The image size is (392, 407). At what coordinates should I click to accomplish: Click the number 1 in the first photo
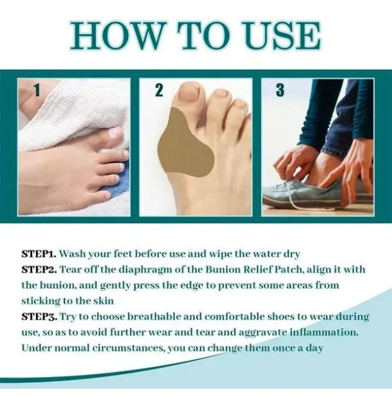[x=37, y=90]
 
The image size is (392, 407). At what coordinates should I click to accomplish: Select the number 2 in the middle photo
[x=159, y=90]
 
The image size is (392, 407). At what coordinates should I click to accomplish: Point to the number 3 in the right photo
[x=280, y=90]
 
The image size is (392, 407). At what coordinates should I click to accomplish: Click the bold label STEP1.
[x=39, y=253]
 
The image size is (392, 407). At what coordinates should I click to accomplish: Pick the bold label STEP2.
[x=39, y=269]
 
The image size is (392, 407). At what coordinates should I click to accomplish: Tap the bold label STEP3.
[x=39, y=317]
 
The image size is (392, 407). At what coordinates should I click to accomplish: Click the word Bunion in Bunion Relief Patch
[x=223, y=269]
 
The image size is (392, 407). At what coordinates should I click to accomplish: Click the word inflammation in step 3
[x=324, y=333]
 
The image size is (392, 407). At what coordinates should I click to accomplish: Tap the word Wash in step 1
[x=73, y=253]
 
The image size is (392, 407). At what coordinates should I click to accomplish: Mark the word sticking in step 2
[x=41, y=302]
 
